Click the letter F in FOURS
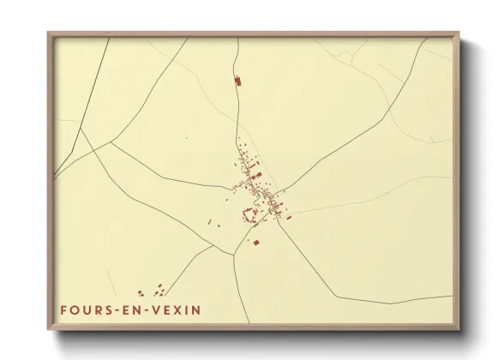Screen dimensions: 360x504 click(x=63, y=310)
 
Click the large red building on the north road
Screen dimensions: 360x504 click(x=238, y=81)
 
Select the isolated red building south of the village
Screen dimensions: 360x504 click(x=255, y=243)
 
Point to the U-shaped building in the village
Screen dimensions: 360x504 click(x=252, y=215)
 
